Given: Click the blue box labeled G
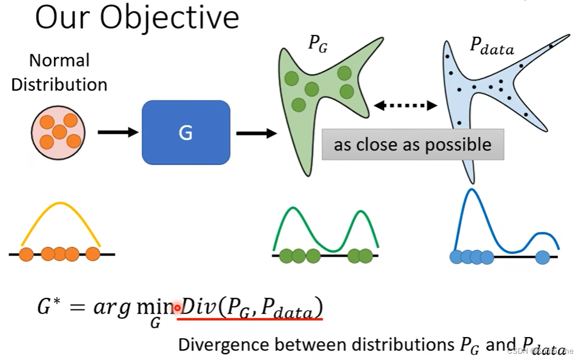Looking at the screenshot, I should pyautogui.click(x=186, y=133).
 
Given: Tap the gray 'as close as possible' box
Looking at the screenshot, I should pyautogui.click(x=413, y=144).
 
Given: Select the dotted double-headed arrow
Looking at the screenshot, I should pyautogui.click(x=406, y=105).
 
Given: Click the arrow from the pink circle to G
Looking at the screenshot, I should pyautogui.click(x=118, y=133).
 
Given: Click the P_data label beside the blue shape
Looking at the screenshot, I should pyautogui.click(x=492, y=47).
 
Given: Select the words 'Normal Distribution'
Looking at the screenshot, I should pyautogui.click(x=59, y=72).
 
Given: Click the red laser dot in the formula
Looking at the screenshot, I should pyautogui.click(x=178, y=308).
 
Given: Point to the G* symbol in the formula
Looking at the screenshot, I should pyautogui.click(x=48, y=307).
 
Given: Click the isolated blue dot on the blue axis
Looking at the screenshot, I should pyautogui.click(x=542, y=257).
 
